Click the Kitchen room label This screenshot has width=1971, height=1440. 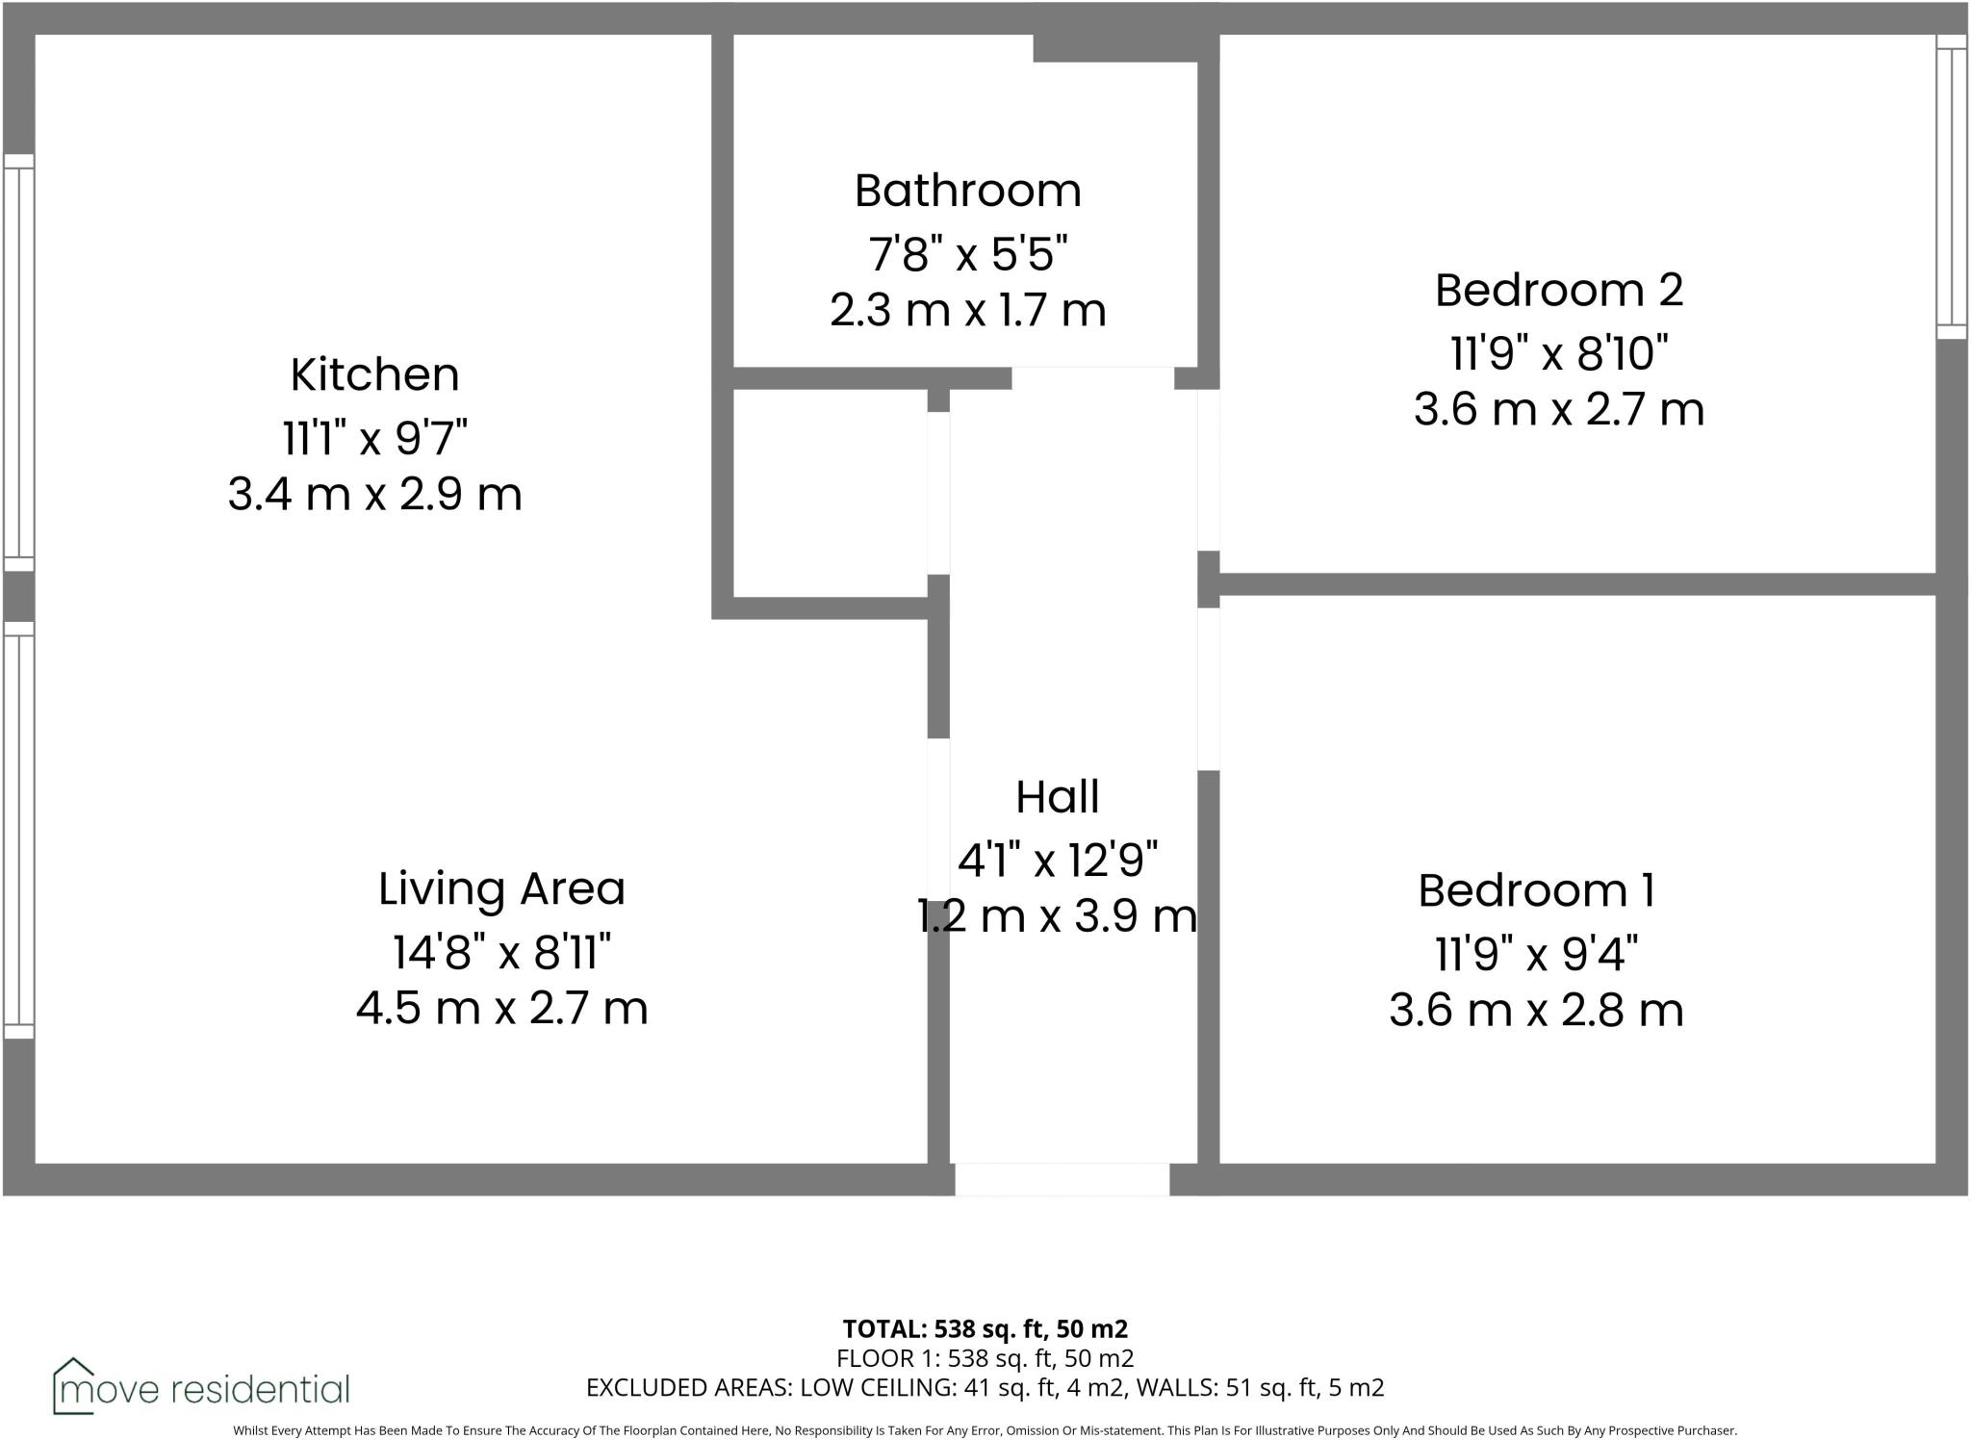coord(374,374)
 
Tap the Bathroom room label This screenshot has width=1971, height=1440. coord(967,191)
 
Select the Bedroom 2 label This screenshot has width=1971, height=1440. coord(1558,290)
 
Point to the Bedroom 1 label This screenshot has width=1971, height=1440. coord(1536,890)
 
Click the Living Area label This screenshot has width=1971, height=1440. coord(501,888)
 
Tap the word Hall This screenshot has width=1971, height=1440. coord(1057,797)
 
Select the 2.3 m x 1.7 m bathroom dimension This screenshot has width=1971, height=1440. coord(967,311)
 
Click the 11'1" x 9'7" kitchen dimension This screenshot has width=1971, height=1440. coord(374,439)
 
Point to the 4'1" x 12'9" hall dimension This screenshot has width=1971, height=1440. coord(1057,859)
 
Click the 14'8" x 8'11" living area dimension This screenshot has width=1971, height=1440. coord(501,953)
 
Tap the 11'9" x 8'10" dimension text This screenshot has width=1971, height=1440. coord(1558,353)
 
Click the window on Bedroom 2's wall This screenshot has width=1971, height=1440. coord(1951,187)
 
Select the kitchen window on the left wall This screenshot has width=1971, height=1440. coord(18,363)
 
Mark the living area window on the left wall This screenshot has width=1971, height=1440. coord(18,830)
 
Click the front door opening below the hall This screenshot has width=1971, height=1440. coord(1062,1179)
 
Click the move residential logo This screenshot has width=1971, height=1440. coord(201,1387)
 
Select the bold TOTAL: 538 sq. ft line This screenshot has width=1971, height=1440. coord(985,1329)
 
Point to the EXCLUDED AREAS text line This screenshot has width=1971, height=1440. coord(985,1387)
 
